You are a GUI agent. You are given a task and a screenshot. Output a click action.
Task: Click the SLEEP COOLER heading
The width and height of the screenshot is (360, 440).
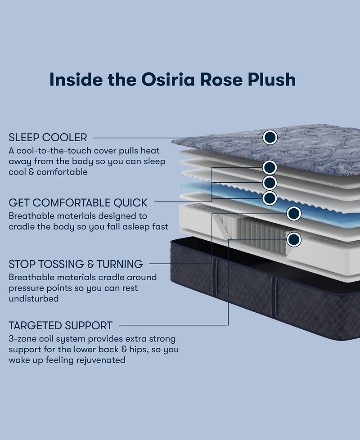tap(48, 137)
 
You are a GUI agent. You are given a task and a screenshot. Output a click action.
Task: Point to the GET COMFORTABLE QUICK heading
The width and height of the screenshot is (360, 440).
tap(78, 202)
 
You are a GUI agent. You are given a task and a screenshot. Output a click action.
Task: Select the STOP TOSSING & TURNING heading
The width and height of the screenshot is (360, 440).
tap(76, 264)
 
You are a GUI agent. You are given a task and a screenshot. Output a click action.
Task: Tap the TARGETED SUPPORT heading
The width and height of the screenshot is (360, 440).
tap(60, 325)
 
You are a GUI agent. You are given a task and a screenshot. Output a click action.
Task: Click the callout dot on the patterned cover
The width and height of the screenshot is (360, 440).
tap(270, 137)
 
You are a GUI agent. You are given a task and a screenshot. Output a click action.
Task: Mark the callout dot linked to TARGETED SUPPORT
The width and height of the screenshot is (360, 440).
tap(294, 239)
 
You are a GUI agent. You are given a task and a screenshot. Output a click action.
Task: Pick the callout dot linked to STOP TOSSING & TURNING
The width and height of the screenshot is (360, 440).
tap(294, 214)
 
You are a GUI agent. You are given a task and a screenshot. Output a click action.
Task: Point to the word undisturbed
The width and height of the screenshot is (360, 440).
tap(34, 299)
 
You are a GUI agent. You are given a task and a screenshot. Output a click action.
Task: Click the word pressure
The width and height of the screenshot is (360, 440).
tap(29, 288)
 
